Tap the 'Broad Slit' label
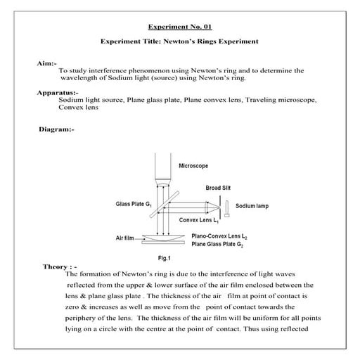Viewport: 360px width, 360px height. (x=219, y=188)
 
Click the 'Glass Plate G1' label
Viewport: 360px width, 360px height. (x=134, y=204)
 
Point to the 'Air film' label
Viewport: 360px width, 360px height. (x=125, y=238)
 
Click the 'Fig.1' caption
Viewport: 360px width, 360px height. (x=167, y=259)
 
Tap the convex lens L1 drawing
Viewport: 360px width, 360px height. (x=209, y=206)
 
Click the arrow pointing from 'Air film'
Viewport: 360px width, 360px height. (x=141, y=238)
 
